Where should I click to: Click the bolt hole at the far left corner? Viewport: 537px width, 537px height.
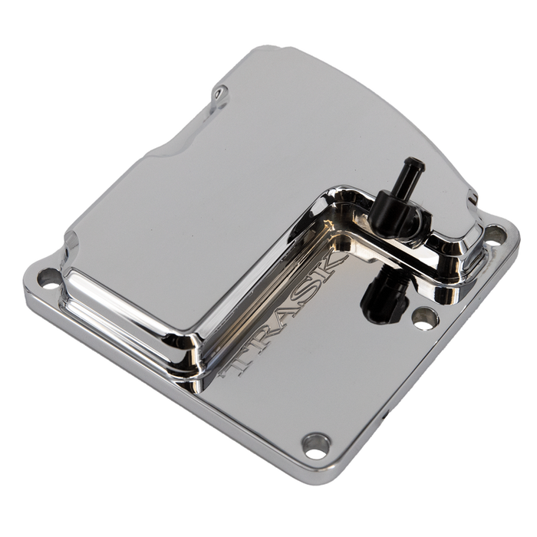tap(48, 277)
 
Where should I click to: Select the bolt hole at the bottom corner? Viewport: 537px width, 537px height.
tap(315, 446)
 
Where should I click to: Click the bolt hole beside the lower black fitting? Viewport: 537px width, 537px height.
tap(425, 318)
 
